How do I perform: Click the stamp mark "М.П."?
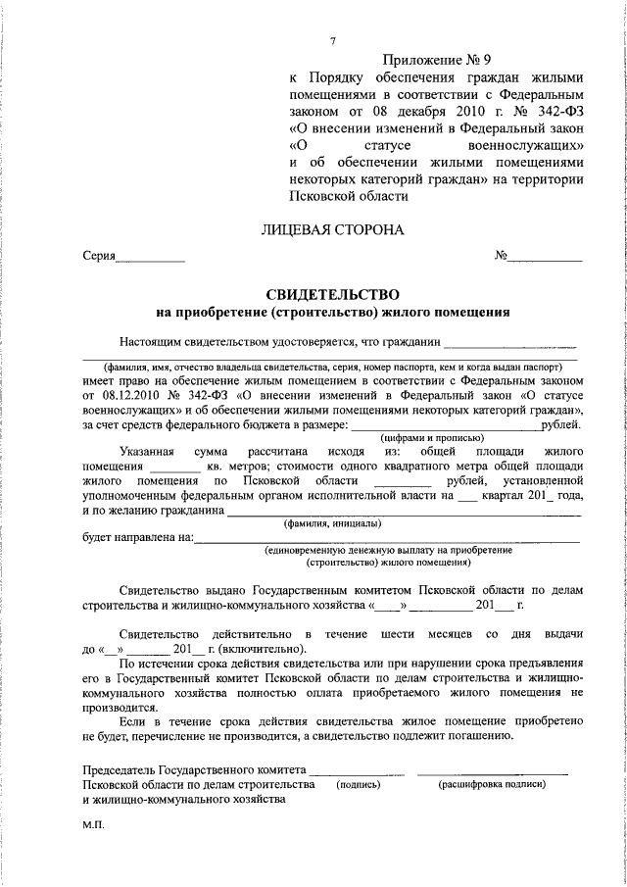tap(94, 825)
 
